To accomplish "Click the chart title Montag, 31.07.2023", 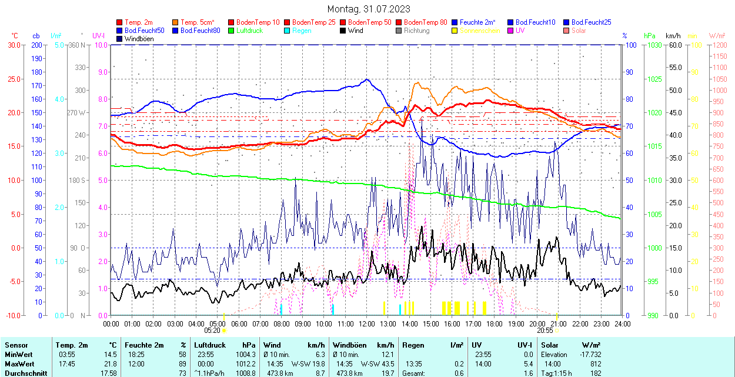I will click(369, 9).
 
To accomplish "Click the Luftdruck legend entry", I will click(249, 30).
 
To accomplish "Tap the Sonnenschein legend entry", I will click(480, 30).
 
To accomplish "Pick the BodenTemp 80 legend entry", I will click(426, 22).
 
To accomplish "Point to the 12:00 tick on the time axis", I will click(367, 323).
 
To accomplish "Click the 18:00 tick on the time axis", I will click(495, 323).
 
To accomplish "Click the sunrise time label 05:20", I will click(212, 331).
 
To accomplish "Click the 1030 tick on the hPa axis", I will click(653, 45).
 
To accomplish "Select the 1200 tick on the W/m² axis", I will click(720, 45).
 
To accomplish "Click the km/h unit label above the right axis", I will click(673, 36).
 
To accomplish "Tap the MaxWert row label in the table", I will click(19, 363).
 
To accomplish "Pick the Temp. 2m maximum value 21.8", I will click(109, 363).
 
